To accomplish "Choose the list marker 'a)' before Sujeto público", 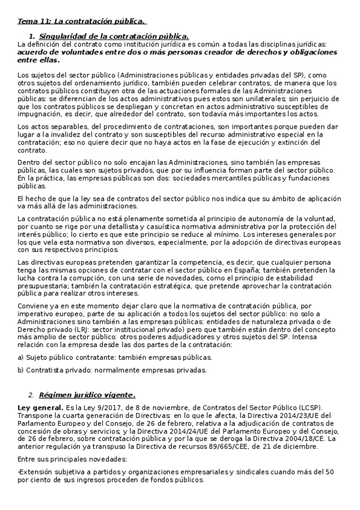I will pyautogui.click(x=21, y=357).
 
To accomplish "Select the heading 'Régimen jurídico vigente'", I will pyautogui.click(x=87, y=395).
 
